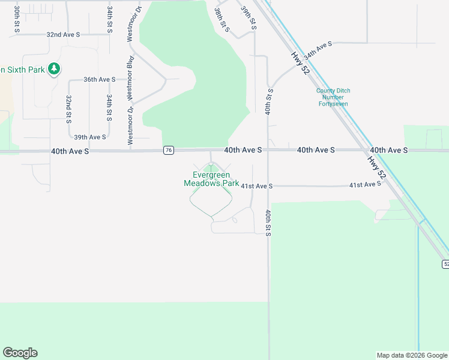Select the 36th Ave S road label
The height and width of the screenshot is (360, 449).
99,79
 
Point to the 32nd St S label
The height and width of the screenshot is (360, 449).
69,109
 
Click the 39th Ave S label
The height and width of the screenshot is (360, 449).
90,137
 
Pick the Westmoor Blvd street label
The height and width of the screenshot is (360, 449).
128,77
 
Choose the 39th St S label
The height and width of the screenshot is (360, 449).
249,19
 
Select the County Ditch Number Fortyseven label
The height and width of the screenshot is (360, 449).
333,97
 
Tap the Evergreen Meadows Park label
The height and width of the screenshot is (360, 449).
211,179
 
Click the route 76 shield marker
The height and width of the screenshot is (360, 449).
169,150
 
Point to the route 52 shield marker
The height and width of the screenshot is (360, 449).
445,264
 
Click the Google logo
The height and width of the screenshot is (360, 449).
20,353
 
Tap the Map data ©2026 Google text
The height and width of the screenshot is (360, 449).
411,355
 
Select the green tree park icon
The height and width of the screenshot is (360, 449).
55,69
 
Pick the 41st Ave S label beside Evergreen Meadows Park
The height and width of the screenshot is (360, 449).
257,187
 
